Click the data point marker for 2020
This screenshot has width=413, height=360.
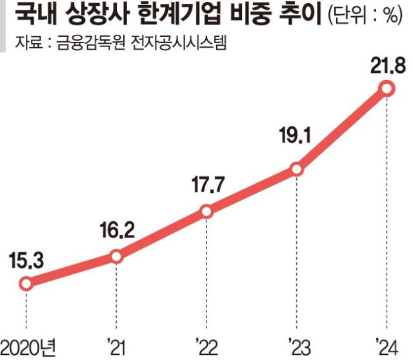tap(26, 284)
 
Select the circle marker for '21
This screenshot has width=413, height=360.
tap(116, 256)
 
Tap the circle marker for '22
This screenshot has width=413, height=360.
tap(206, 211)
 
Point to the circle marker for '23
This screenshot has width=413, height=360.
tap(297, 169)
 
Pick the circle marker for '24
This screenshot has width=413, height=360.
tap(387, 89)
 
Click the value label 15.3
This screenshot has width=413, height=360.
tap(26, 261)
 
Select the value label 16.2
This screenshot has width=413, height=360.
tap(117, 230)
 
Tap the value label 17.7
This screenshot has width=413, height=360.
tap(208, 185)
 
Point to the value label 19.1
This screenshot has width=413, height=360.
tap(295, 135)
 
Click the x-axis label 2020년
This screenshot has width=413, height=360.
tap(28, 348)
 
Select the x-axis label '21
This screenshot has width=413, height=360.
tap(116, 348)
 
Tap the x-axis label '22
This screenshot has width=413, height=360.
tap(207, 348)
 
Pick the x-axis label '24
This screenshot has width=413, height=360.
tap(387, 348)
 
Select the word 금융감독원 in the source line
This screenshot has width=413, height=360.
tap(90, 42)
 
